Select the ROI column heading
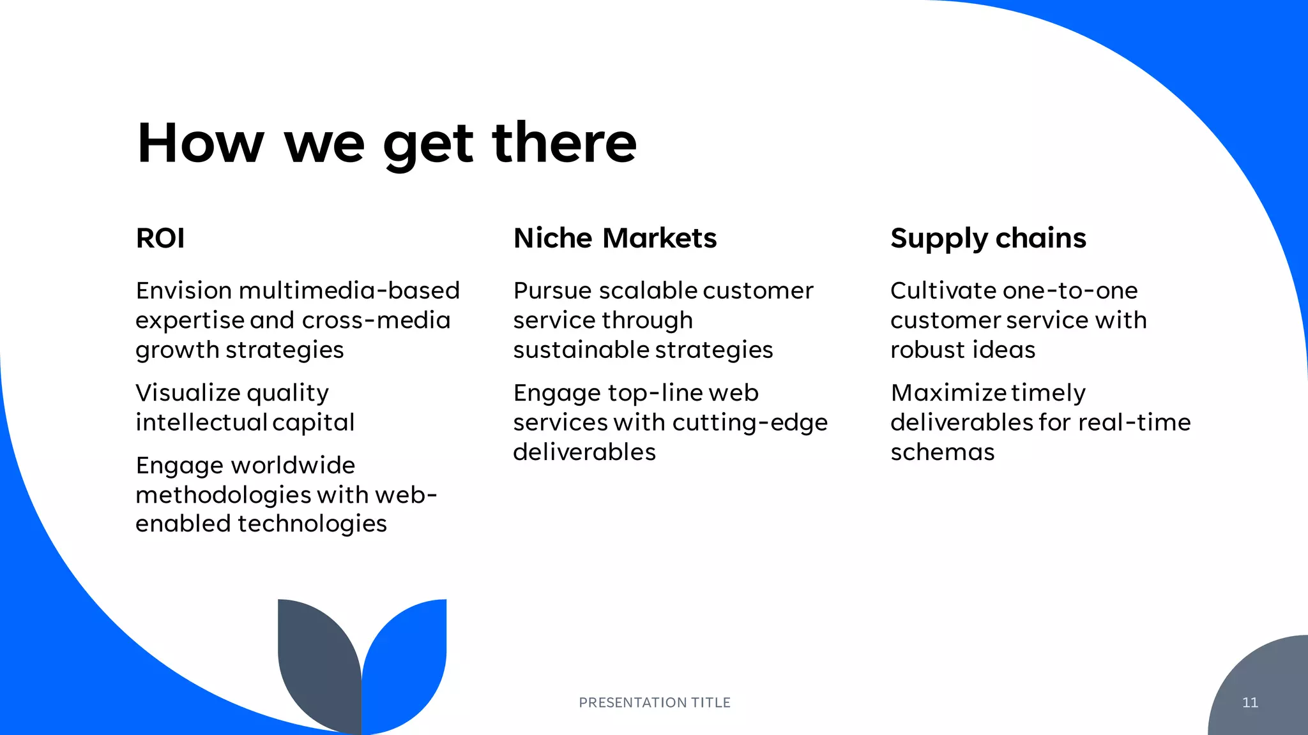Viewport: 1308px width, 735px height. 160,239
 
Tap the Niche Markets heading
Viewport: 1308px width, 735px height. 614,239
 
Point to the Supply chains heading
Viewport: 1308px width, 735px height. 987,239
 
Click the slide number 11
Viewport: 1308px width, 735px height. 1250,702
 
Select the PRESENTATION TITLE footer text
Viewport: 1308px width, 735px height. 654,702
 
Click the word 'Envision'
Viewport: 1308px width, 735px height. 184,291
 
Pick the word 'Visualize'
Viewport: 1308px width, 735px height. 188,393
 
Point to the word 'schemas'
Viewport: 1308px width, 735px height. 942,452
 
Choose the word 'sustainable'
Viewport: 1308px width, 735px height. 580,350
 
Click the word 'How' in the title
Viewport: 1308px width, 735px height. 200,143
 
